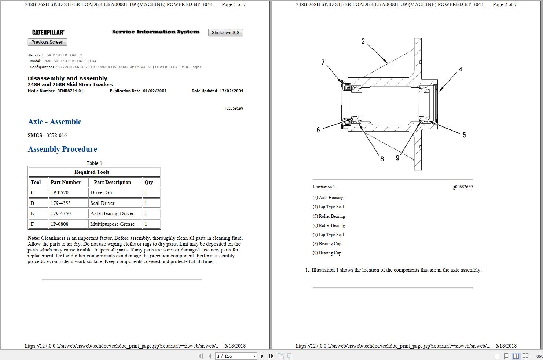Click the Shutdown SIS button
(225, 33)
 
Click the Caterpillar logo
(48, 32)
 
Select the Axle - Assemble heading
(55, 122)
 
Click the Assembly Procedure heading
(62, 149)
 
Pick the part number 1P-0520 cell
(60, 192)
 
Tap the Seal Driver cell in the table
(102, 203)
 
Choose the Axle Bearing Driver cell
(112, 213)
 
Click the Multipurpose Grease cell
(112, 224)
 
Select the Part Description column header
(112, 182)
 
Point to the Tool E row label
(33, 213)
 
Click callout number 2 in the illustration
(363, 41)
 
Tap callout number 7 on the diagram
(323, 62)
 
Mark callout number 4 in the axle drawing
(461, 69)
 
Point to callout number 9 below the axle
(397, 158)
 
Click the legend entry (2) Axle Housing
(328, 198)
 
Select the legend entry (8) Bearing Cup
(327, 244)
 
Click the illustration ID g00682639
(462, 187)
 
